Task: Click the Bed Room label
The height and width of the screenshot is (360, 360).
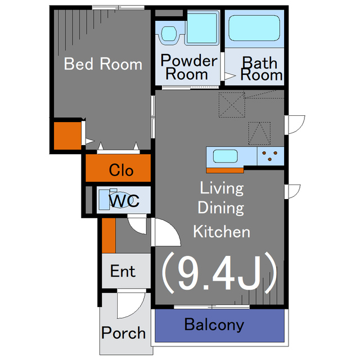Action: coord(103,64)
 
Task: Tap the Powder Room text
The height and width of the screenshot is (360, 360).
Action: coord(188,67)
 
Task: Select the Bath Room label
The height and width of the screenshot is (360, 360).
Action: coord(261,69)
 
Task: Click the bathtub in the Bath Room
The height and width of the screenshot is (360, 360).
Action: coord(254,28)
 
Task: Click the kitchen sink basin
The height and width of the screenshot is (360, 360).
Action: coord(225,156)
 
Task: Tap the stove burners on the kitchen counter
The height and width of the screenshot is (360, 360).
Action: coord(270,156)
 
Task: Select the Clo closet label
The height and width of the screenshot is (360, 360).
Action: coord(121,170)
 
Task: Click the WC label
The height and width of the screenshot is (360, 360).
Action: coord(124,201)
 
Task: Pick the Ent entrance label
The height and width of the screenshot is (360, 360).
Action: coord(123,271)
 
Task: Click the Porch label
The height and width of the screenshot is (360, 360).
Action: coord(123,332)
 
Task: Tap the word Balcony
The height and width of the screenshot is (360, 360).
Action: coord(214,325)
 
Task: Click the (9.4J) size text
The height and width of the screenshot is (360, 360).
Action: coord(219,272)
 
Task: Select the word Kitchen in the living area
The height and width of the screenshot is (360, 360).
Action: coord(222,232)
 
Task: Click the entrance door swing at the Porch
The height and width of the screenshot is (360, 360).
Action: coord(131,305)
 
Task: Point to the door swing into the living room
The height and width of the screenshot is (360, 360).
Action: coord(168,232)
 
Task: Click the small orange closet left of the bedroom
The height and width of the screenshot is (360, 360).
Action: coord(67,136)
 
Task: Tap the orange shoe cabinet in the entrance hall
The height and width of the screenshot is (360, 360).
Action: coord(109,236)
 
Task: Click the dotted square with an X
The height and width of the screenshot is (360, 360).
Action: coord(232,105)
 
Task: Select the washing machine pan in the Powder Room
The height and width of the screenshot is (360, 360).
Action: coord(202,28)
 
